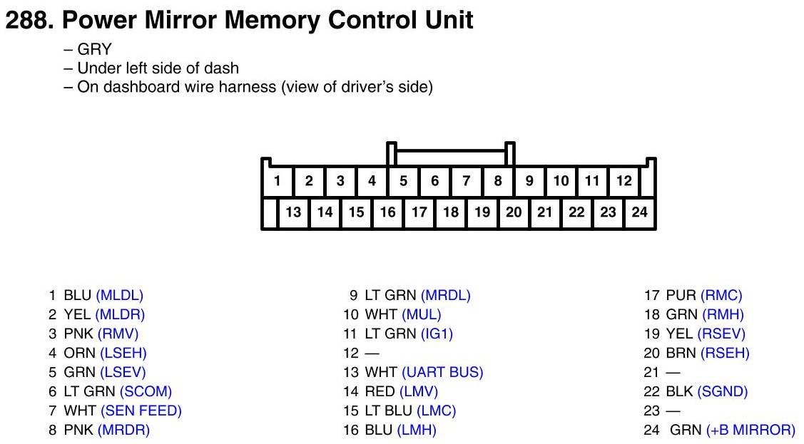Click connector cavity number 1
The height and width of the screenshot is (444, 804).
277,181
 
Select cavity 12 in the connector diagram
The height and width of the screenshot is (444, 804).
624,181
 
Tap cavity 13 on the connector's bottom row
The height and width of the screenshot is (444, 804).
293,212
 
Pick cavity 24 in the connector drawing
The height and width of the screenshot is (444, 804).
639,212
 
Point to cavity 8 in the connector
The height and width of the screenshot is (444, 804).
497,181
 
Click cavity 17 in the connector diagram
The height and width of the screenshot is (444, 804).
419,212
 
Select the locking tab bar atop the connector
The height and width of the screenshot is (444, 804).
450,152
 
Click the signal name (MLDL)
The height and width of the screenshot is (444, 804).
119,295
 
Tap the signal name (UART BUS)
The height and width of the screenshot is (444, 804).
442,372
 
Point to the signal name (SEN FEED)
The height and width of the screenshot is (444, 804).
141,411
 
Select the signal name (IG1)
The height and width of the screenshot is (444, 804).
437,334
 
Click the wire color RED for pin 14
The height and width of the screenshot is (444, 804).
380,391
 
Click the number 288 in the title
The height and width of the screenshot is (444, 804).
26,21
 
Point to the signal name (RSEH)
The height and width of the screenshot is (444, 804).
725,353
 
